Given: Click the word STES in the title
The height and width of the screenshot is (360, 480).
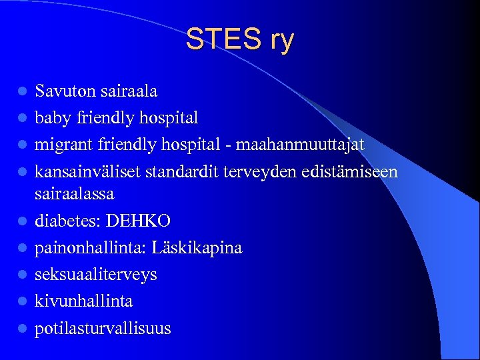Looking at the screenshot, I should click(x=221, y=40).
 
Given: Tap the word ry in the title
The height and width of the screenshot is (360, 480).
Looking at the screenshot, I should click(x=280, y=41).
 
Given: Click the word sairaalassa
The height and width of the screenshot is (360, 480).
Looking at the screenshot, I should click(x=75, y=194).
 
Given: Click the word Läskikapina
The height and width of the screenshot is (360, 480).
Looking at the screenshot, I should click(x=197, y=248).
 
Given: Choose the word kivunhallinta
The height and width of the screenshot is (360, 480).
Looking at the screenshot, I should click(x=84, y=301).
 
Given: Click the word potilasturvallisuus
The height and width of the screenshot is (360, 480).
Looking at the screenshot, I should click(x=103, y=328).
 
